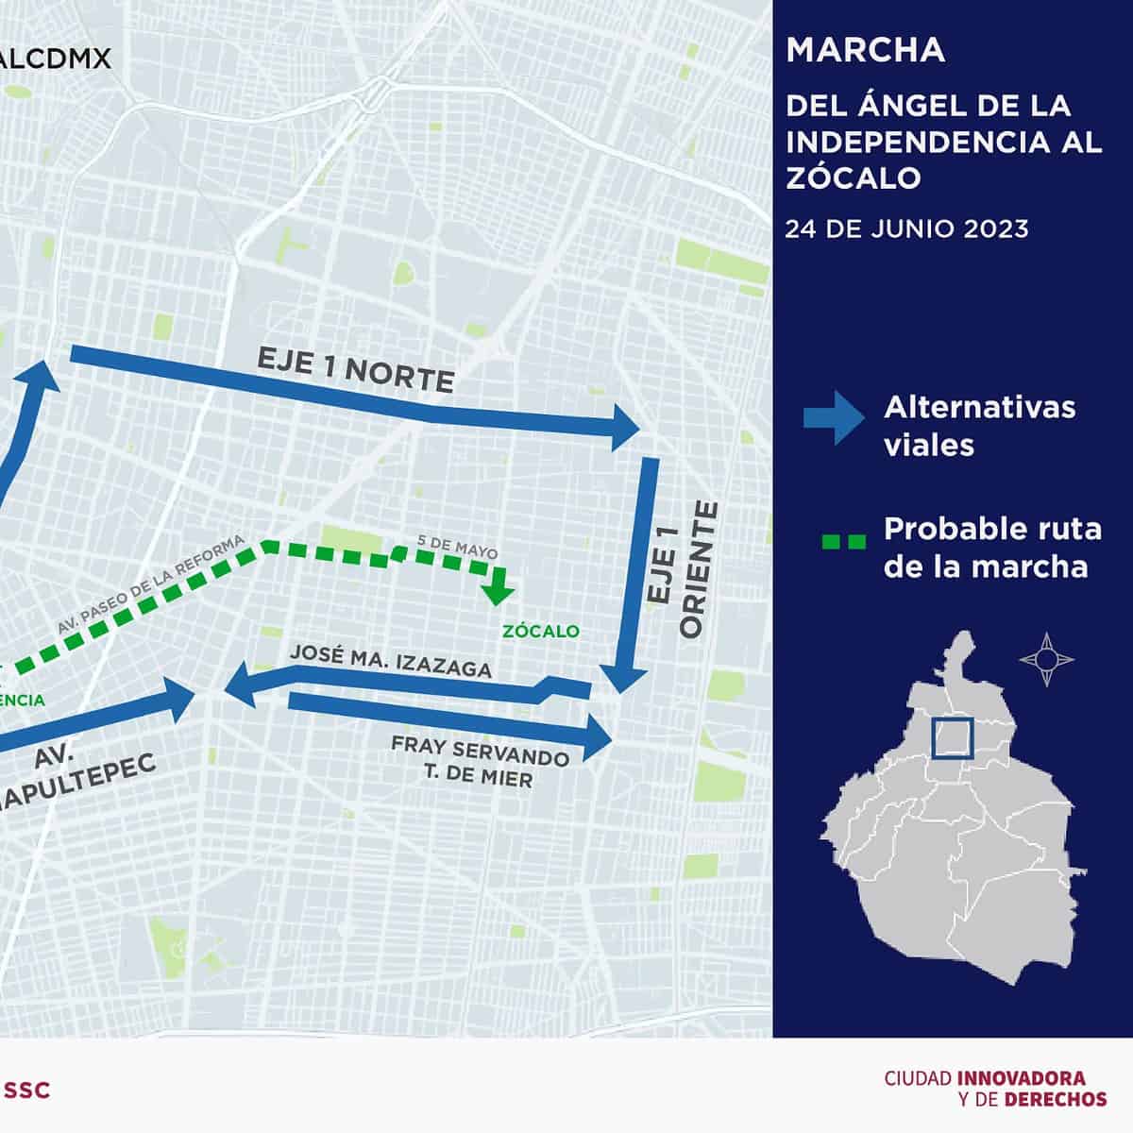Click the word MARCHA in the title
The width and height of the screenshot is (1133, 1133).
pyautogui.click(x=865, y=50)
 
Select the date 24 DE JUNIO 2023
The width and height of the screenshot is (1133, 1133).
pyautogui.click(x=907, y=228)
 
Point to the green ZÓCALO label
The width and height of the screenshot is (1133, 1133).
pyautogui.click(x=541, y=631)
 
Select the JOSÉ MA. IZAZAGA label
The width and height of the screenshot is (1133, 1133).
pyautogui.click(x=391, y=661)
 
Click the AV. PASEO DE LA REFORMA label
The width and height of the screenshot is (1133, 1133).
pyautogui.click(x=151, y=584)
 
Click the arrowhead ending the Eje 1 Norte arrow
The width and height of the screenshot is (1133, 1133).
pyautogui.click(x=625, y=428)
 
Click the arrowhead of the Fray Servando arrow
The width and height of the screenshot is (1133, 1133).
pyautogui.click(x=599, y=736)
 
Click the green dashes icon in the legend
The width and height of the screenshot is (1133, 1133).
pyautogui.click(x=842, y=542)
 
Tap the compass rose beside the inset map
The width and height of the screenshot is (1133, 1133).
pyautogui.click(x=1047, y=658)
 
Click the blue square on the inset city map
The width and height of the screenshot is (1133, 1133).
pyautogui.click(x=952, y=737)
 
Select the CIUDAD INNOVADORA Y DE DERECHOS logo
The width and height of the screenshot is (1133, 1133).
pyautogui.click(x=995, y=1089)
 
